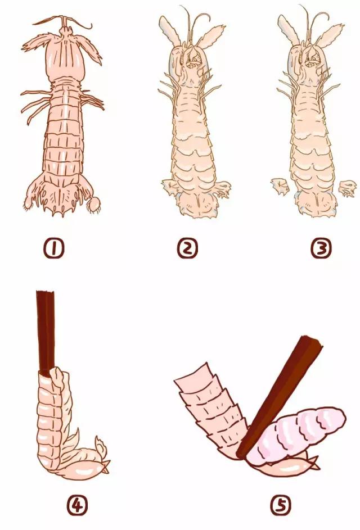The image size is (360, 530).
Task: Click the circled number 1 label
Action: [54, 249]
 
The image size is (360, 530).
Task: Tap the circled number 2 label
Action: [187, 249]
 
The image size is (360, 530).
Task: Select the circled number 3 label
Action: [321, 249]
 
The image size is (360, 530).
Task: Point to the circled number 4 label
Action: [77, 505]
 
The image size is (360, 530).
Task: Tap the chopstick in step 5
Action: [279, 397]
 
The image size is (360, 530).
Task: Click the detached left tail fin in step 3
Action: [280, 186]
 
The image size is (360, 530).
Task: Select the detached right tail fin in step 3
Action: [348, 188]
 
